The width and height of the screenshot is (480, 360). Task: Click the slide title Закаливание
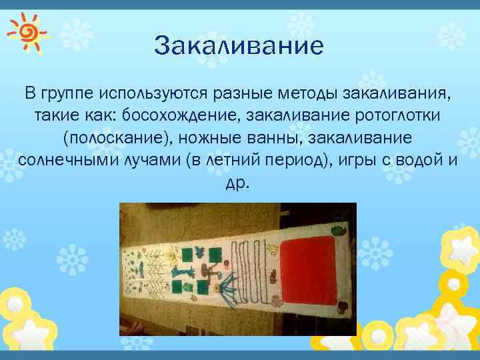coord(238,46)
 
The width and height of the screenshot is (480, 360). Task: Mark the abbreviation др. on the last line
coord(238,183)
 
